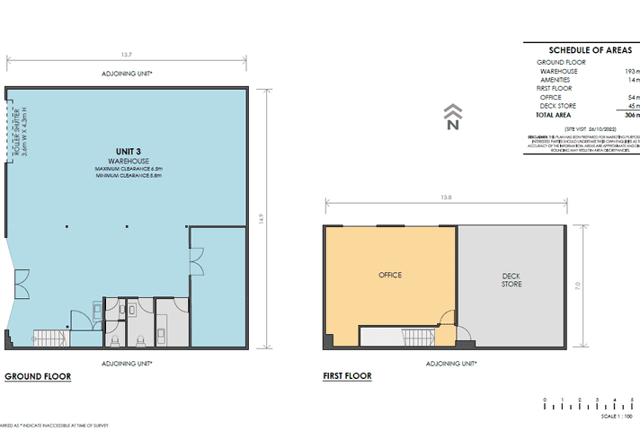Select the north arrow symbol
click(x=453, y=118)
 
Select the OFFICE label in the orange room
click(x=390, y=275)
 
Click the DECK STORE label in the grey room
click(x=511, y=279)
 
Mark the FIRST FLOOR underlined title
click(x=348, y=377)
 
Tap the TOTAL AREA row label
click(x=556, y=115)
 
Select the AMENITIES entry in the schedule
click(x=555, y=79)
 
